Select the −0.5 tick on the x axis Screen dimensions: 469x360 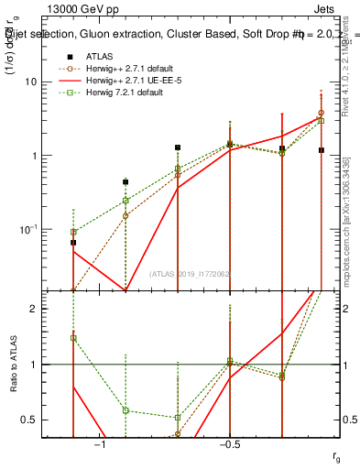(229, 444)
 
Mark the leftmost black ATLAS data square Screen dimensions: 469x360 (73, 243)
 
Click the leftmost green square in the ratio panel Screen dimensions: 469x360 (73, 338)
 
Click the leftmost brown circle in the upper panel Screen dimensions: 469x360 (73, 232)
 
